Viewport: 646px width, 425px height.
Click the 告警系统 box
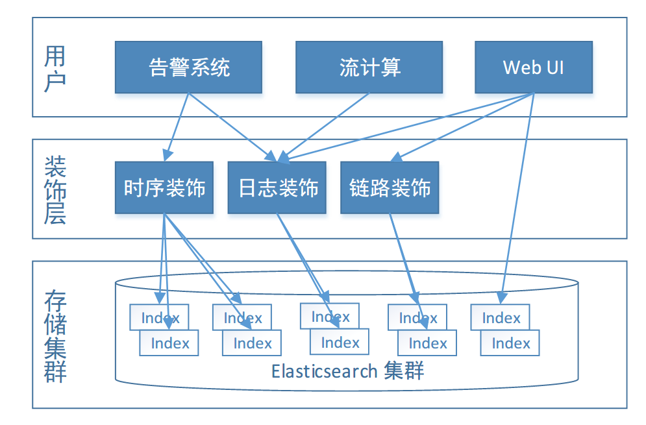tap(188, 67)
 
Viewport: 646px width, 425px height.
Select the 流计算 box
tap(369, 67)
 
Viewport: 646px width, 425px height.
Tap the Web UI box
tap(534, 67)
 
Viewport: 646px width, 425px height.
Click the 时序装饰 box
tap(164, 188)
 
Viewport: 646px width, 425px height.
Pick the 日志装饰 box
tap(277, 188)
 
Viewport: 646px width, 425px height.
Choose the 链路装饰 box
tap(390, 188)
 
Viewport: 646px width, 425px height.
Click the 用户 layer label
tap(55, 68)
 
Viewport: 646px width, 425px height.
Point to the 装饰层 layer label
tap(55, 190)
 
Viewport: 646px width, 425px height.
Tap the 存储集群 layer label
tap(55, 336)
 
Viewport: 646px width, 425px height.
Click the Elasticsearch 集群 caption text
tap(347, 371)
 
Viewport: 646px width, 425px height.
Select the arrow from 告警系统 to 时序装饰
tap(177, 127)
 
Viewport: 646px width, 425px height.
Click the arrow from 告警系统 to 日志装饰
tap(233, 127)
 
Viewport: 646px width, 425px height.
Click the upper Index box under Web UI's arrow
tap(500, 317)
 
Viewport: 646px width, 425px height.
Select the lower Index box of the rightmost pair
tap(510, 343)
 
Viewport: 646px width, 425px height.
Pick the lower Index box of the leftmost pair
tap(169, 343)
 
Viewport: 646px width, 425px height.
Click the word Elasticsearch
tap(324, 371)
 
